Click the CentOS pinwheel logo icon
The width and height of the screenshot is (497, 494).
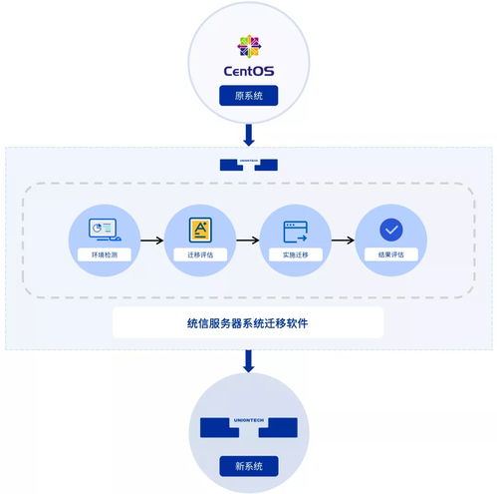pos(248,46)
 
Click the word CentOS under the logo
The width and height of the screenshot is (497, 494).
pos(248,73)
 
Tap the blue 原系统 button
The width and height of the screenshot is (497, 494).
pos(248,96)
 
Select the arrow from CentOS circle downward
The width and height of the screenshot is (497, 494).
pos(248,135)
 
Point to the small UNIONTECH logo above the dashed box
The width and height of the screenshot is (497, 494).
pos(248,163)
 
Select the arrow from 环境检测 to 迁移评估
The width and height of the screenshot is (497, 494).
pos(151,240)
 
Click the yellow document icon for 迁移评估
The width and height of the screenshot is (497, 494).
pos(199,230)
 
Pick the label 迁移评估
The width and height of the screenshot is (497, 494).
pos(199,255)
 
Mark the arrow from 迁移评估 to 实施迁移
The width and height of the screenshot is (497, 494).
pos(247,240)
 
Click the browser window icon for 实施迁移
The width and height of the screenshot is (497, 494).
pos(295,231)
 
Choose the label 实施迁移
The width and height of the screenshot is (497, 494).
pos(295,255)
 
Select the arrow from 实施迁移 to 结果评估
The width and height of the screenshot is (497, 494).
pos(343,240)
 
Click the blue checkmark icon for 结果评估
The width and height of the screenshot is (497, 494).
pos(390,230)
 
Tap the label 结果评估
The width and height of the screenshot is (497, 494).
pos(390,255)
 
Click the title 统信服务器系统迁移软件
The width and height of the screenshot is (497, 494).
pos(248,322)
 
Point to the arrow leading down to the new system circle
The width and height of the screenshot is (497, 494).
pos(248,361)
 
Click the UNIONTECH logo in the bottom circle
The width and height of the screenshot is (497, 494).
pos(248,427)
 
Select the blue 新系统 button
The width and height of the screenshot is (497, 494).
pos(248,466)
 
